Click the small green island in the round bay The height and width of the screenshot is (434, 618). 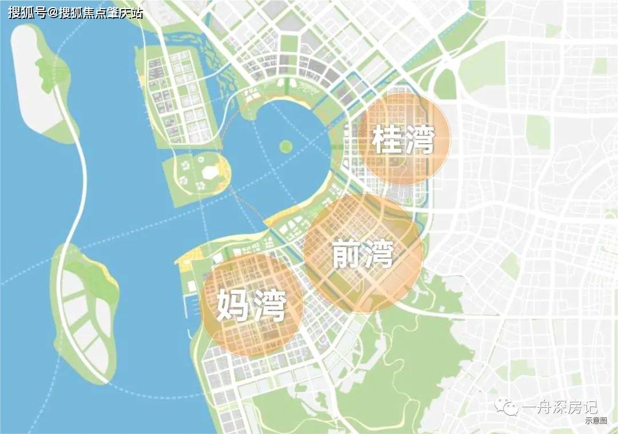[x=285, y=146]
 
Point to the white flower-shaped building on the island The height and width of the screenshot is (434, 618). [x=209, y=171]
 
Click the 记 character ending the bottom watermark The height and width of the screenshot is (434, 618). [x=589, y=407]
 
